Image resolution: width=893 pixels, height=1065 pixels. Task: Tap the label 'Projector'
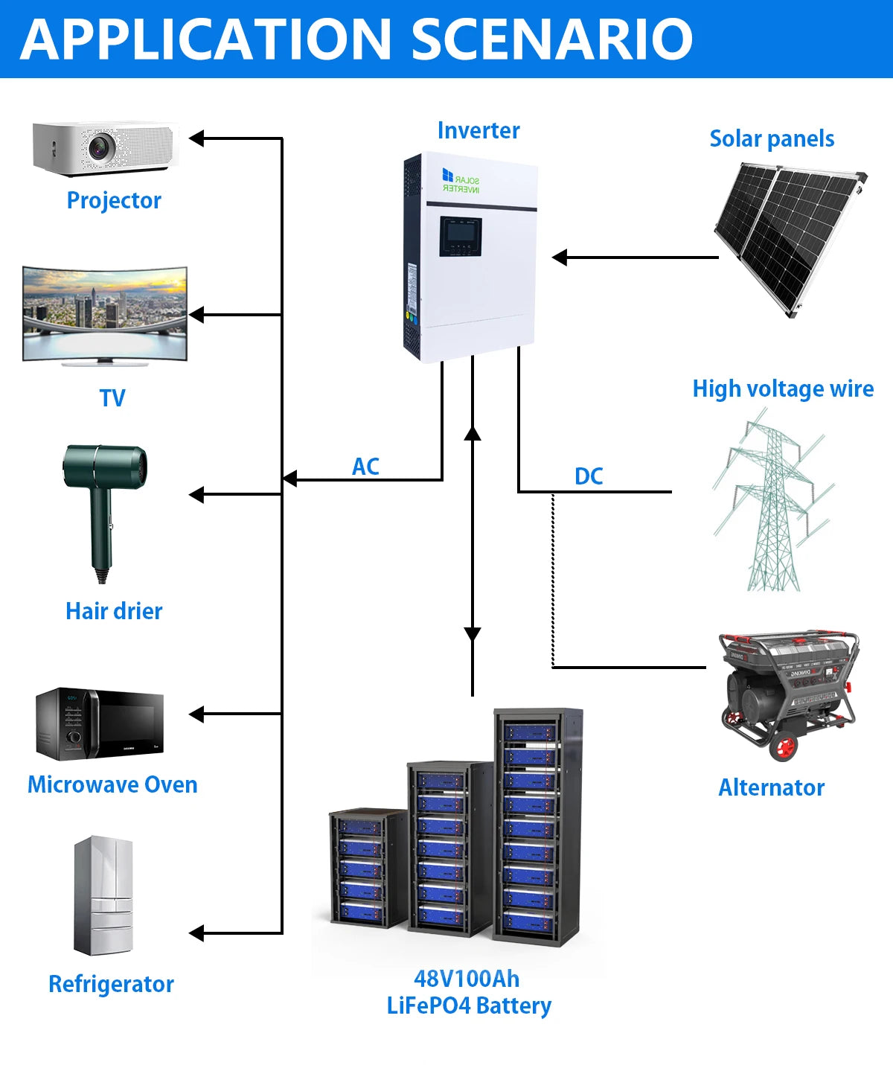(114, 200)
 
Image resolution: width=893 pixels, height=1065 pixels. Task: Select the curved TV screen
(105, 313)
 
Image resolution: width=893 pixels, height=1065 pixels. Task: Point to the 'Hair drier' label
(114, 611)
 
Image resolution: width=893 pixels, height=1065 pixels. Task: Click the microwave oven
(100, 723)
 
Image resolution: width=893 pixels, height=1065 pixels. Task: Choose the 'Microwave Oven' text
(112, 784)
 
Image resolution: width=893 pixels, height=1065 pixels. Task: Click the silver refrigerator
(103, 895)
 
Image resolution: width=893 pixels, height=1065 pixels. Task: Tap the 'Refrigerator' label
(111, 984)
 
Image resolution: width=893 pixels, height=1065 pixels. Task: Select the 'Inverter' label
(478, 130)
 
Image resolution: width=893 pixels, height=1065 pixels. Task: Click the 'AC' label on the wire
(365, 467)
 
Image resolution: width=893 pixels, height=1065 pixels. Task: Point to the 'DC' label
(589, 476)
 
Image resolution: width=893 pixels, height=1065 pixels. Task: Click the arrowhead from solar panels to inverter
(560, 258)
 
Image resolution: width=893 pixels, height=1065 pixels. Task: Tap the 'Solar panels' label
(772, 138)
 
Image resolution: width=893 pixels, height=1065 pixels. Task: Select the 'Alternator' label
(771, 787)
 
